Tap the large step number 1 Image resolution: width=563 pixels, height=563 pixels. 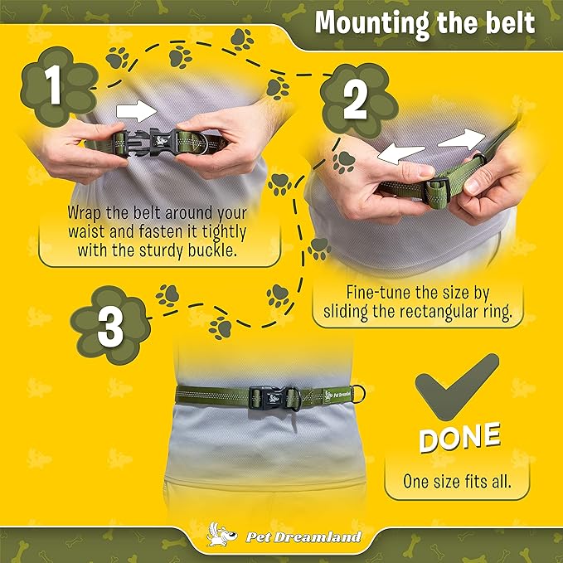coord(55,85)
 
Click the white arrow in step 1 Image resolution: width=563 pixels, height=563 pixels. coord(137,111)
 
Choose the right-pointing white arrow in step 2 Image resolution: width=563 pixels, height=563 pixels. coord(462,139)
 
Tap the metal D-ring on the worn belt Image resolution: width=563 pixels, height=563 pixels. coord(358,394)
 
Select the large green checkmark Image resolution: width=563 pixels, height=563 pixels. coord(457,387)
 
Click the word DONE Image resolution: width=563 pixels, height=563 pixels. coord(459,437)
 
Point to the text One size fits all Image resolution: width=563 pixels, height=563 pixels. coord(457,482)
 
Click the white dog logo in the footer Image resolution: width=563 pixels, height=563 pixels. coord(221,534)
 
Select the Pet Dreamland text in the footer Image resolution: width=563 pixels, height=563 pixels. coord(303,537)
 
